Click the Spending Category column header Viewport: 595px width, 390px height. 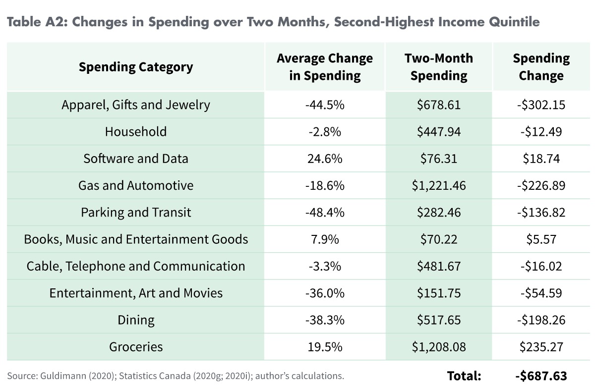coord(135,67)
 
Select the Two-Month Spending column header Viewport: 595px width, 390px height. coord(439,67)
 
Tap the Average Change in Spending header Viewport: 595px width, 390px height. coord(325,67)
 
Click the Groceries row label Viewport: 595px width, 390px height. coord(136,346)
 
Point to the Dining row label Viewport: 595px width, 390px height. coord(136,320)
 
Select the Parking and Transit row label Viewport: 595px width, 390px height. coord(136,212)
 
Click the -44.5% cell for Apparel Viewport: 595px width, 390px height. coord(325,105)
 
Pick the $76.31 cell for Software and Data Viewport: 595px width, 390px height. coord(439,159)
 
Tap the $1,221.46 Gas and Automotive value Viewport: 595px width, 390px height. coord(439,185)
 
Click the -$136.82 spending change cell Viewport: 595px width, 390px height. coord(541,212)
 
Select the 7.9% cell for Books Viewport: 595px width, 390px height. coord(325,239)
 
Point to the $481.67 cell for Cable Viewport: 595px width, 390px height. coord(439,266)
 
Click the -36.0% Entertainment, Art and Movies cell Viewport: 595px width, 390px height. coord(325,293)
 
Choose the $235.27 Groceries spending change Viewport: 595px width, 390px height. coord(541,346)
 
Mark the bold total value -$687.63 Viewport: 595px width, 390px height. coord(541,376)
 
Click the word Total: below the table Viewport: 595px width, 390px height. coord(464,376)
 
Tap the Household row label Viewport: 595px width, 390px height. coord(136,132)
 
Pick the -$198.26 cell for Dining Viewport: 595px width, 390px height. coord(541,320)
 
